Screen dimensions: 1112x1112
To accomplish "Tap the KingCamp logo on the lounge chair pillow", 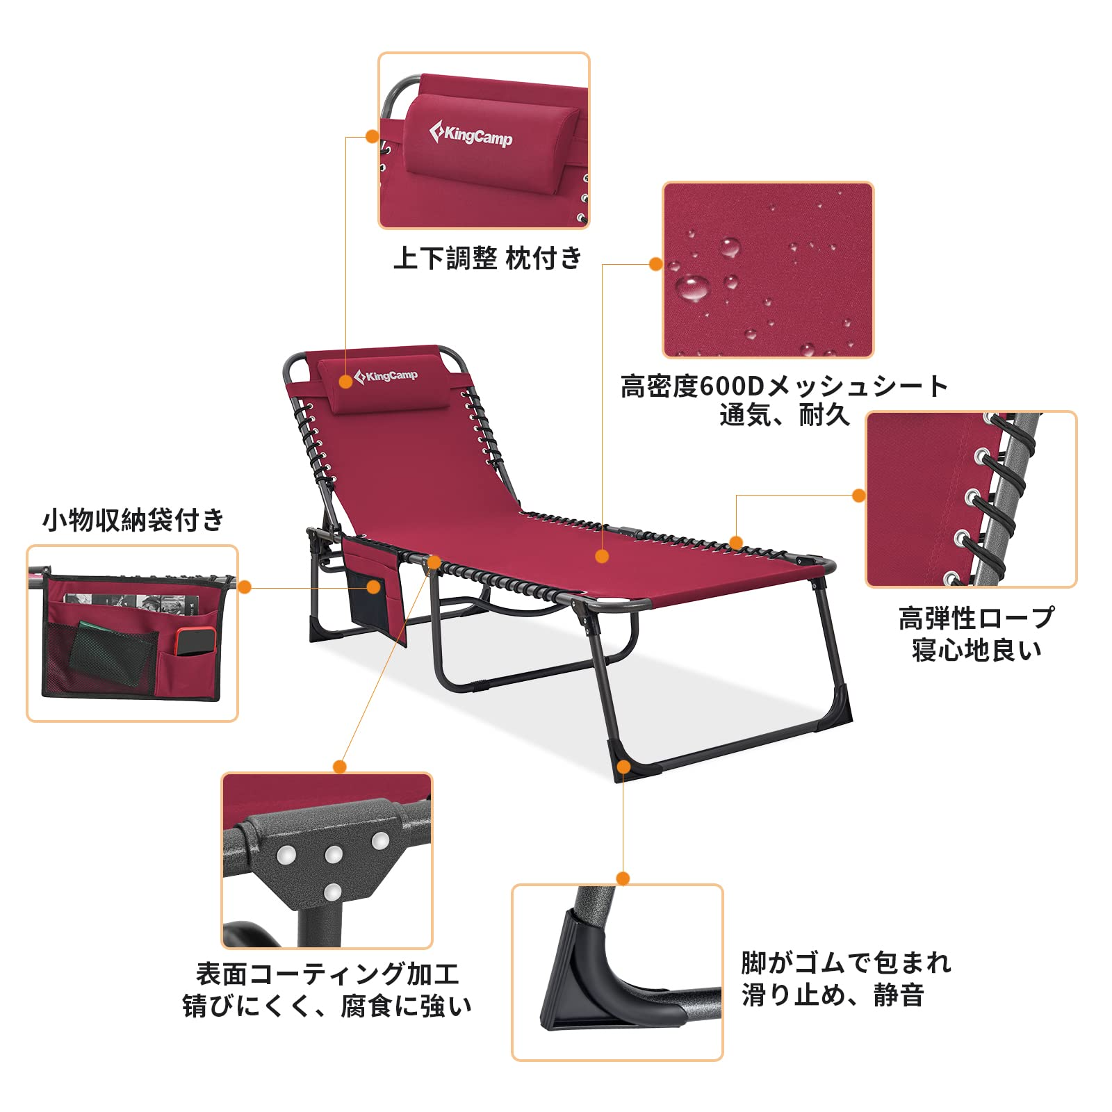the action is pyautogui.click(x=386, y=376).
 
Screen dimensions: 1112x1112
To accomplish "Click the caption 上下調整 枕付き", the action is pyautogui.click(x=487, y=258).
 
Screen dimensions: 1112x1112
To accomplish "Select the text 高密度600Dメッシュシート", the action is pyautogui.click(x=784, y=386).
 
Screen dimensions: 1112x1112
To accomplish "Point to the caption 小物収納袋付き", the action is pyautogui.click(x=133, y=519).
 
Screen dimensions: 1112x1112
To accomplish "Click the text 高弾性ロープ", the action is pyautogui.click(x=976, y=617).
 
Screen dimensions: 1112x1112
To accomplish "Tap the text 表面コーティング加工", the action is pyautogui.click(x=327, y=974).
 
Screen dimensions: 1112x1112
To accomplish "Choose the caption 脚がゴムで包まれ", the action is pyautogui.click(x=846, y=963).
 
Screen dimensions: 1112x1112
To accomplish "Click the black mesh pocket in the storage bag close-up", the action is pyautogui.click(x=101, y=658).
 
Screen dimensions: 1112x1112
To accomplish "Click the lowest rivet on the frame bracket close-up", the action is pyautogui.click(x=333, y=892).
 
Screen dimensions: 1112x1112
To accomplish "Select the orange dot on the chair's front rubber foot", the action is pyautogui.click(x=623, y=767).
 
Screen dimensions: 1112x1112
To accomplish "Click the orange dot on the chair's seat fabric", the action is pyautogui.click(x=602, y=556).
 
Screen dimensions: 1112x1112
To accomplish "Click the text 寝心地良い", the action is pyautogui.click(x=976, y=650).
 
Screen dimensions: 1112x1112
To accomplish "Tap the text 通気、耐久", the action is pyautogui.click(x=785, y=415).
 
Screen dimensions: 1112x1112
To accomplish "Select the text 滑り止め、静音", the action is pyautogui.click(x=833, y=995).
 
